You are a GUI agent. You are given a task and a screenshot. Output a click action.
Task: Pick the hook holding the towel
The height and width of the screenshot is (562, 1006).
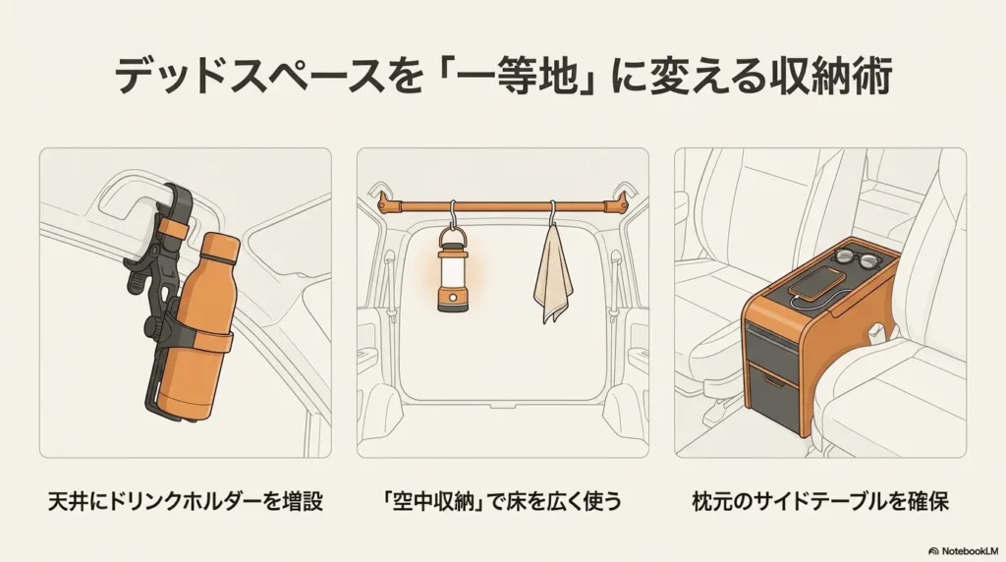(x=553, y=216)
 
